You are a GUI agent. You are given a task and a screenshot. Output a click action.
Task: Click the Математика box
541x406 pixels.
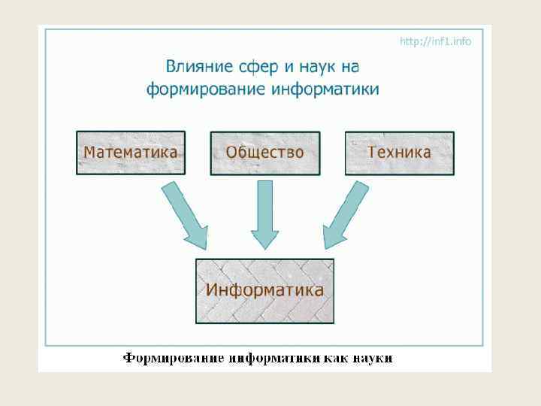click(131, 153)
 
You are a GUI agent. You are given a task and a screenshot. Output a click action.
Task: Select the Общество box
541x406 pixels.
click(265, 153)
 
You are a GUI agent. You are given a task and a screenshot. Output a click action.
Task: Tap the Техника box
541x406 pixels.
click(400, 153)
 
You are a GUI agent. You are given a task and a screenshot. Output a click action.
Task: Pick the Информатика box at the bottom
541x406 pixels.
click(265, 291)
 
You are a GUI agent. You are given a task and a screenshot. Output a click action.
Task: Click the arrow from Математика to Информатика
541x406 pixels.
click(183, 216)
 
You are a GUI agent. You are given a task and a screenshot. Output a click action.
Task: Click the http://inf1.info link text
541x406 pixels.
click(436, 41)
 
